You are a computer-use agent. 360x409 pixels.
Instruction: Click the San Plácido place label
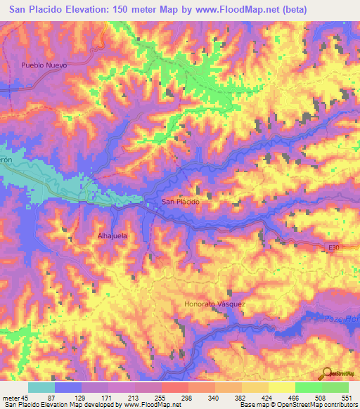coord(181,202)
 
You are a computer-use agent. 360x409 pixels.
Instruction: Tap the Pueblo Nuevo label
coord(43,65)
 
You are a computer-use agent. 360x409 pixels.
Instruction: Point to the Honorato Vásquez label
coord(214,304)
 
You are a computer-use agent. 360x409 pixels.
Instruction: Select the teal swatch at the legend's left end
coord(41,387)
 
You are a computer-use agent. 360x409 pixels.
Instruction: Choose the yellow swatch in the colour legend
coord(281,387)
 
